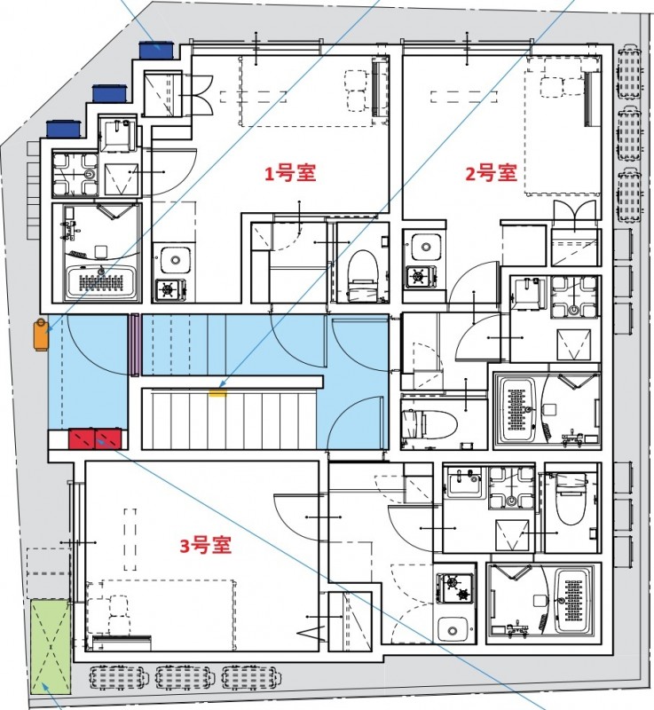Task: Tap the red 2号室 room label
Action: tap(491, 173)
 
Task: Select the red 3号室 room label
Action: tap(206, 546)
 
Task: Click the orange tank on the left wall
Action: tap(40, 334)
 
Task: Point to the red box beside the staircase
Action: tap(98, 438)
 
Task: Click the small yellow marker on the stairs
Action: tap(217, 387)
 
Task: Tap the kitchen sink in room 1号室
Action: tap(175, 260)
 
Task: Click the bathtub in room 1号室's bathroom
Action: tap(102, 282)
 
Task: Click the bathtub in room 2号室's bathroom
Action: tap(516, 410)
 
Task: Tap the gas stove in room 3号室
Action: tap(453, 587)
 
